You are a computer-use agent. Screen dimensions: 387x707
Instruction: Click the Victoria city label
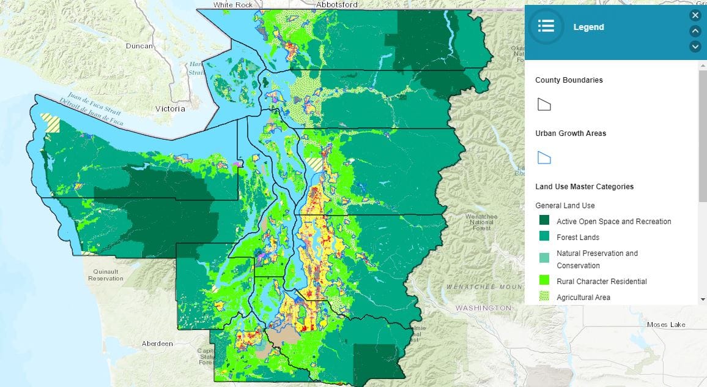(x=169, y=109)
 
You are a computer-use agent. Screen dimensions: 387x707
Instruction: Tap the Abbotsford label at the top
(x=336, y=4)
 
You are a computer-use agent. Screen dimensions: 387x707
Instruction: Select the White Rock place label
(x=232, y=4)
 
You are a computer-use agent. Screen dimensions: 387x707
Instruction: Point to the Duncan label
(x=139, y=46)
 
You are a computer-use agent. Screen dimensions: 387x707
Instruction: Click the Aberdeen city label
(x=157, y=344)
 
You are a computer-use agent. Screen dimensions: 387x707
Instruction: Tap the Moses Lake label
(x=666, y=325)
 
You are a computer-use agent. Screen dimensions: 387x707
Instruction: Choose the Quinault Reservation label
(x=105, y=275)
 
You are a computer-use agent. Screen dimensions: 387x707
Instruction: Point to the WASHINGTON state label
(x=483, y=307)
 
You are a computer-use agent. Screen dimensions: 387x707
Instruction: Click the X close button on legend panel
(x=695, y=15)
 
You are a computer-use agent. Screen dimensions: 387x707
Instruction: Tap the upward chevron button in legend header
(x=695, y=31)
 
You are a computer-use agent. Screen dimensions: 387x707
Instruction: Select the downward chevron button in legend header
(x=695, y=47)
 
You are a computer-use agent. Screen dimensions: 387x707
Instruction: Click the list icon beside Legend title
(x=546, y=26)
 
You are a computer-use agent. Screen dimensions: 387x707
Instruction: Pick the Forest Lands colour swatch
(x=544, y=237)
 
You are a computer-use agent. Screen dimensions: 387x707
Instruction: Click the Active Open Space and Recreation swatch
(x=544, y=221)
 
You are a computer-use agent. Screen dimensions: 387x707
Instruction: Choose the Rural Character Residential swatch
(x=544, y=281)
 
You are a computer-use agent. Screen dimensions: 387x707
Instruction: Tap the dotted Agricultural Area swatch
(x=544, y=297)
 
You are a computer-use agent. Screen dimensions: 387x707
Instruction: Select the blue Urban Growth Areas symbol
(x=544, y=157)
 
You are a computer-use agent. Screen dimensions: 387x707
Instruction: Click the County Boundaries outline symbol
(x=544, y=104)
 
